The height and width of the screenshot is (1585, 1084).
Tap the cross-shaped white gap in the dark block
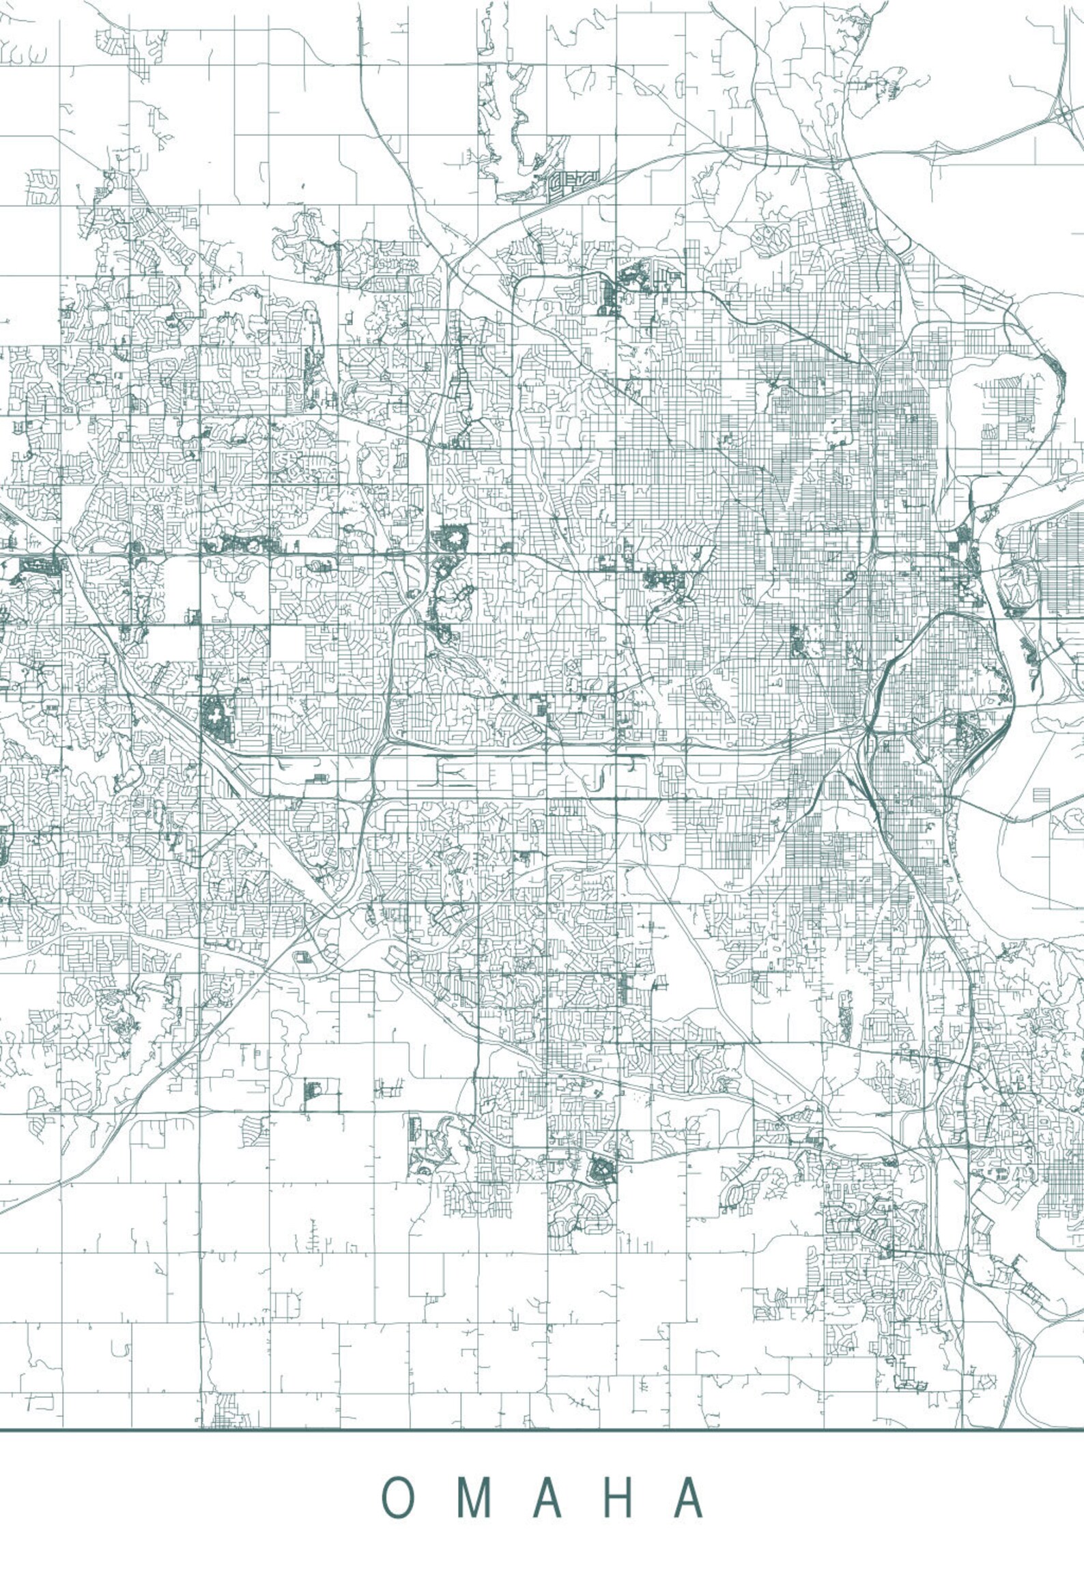(x=216, y=719)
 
